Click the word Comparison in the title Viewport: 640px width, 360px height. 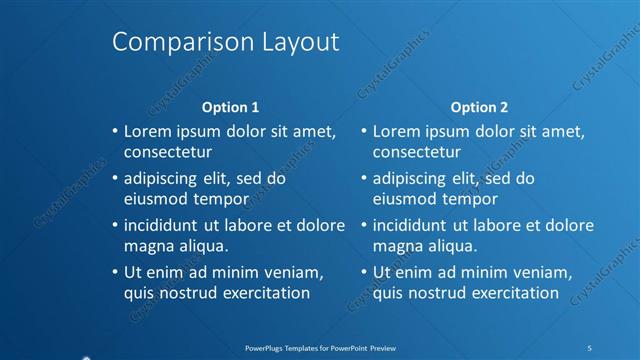pos(169,42)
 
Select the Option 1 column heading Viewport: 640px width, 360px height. pos(231,107)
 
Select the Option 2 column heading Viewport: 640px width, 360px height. pos(479,107)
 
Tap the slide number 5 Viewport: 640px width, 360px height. pos(590,347)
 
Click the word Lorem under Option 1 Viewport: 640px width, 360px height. pos(146,131)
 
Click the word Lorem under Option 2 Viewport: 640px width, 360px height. pos(395,131)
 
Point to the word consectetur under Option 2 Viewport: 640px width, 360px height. pos(417,153)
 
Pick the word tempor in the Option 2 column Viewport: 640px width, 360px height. pos(471,199)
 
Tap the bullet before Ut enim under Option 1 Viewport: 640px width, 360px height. pos(115,272)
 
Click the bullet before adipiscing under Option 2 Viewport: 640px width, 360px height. pos(364,179)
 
